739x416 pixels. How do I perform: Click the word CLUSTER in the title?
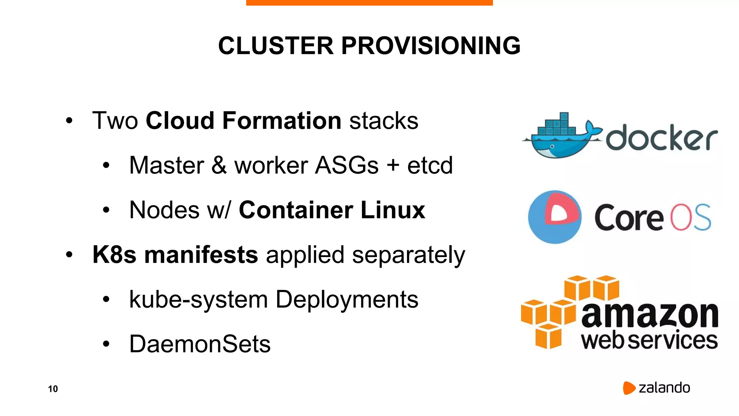point(276,46)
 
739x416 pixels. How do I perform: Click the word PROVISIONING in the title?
point(431,46)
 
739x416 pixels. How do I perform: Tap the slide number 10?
point(53,389)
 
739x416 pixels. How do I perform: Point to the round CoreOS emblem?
point(555,217)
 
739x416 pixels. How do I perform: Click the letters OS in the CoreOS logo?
point(690,217)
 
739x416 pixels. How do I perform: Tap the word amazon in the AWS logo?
point(650,315)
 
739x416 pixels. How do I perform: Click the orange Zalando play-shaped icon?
point(629,388)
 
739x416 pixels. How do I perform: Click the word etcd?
point(430,165)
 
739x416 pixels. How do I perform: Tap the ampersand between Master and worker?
point(219,165)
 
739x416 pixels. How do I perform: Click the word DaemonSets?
point(200,344)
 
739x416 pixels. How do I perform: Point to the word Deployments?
point(347,299)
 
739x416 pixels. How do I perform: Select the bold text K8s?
point(114,255)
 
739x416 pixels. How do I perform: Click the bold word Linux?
point(393,210)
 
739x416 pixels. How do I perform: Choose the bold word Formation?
point(282,121)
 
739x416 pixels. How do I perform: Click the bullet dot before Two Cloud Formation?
point(69,121)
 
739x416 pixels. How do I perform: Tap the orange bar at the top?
point(369,3)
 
